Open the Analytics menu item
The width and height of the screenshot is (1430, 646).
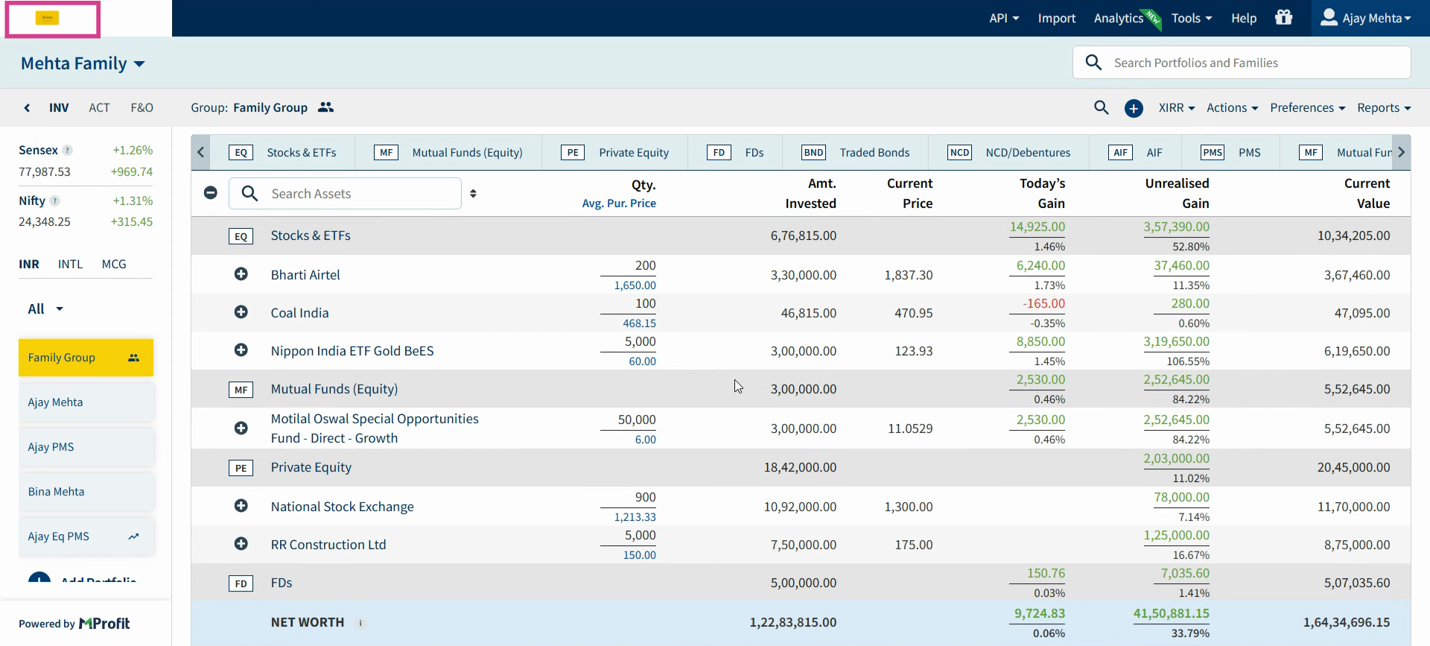(x=1119, y=18)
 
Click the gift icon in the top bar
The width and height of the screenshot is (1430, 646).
(x=1284, y=17)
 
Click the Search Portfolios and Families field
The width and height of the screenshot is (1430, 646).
(x=1242, y=63)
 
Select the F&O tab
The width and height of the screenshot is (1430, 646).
(x=142, y=107)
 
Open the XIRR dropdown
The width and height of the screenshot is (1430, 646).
(x=1177, y=107)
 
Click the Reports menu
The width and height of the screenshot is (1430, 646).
(x=1384, y=107)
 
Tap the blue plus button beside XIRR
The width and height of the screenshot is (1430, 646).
(x=1134, y=108)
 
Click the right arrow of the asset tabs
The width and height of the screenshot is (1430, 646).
(x=1401, y=152)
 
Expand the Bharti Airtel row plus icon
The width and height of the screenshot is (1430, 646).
(x=241, y=274)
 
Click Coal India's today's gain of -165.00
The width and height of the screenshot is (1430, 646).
(x=1043, y=304)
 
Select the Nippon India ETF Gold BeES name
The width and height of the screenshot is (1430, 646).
(x=352, y=351)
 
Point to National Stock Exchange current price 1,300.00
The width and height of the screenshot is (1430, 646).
(x=909, y=507)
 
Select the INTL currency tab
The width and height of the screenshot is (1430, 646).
(x=71, y=264)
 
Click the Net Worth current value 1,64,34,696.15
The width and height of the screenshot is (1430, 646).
(x=1347, y=622)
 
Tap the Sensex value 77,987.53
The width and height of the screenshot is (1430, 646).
(x=45, y=171)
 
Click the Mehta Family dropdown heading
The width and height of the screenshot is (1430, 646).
(x=83, y=63)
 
